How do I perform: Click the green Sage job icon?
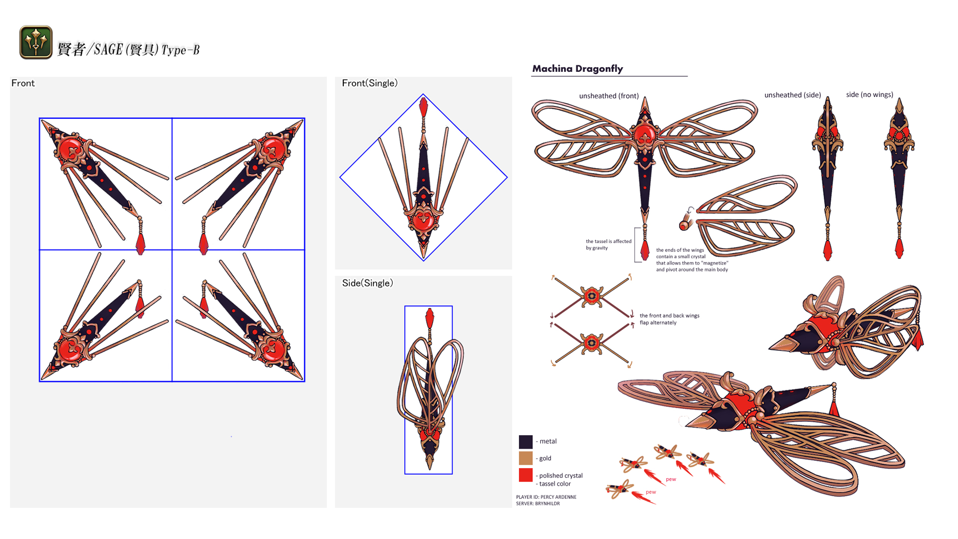coord(36,42)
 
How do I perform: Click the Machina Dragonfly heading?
coord(577,69)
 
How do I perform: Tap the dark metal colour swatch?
coord(525,442)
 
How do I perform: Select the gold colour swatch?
coord(525,458)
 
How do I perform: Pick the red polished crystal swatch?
coord(525,475)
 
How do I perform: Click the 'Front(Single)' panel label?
coord(369,83)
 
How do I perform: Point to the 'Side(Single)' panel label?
coord(367,283)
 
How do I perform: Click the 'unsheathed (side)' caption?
coord(792,95)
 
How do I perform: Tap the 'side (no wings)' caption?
coord(869,95)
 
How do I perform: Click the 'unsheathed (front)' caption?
coord(609,96)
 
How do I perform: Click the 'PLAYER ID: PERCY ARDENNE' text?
coord(546,497)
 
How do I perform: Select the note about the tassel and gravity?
coord(608,245)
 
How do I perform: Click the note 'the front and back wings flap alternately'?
coord(669,319)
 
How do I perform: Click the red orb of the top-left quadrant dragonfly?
coord(70,148)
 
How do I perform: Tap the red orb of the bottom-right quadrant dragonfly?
coord(272,350)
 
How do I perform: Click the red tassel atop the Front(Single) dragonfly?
coord(424,107)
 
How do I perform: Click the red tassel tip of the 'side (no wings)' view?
coord(899,248)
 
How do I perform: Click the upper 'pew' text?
coord(671,479)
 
